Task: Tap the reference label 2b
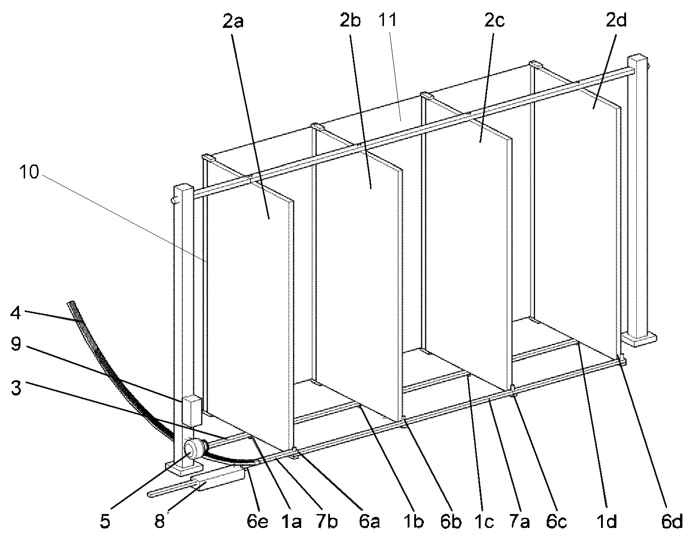(x=350, y=21)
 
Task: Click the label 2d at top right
(x=616, y=21)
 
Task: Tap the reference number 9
(x=16, y=347)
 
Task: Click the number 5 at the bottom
(x=106, y=521)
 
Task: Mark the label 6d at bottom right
(x=671, y=521)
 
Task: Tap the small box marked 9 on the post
(x=191, y=410)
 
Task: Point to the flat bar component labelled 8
(x=218, y=480)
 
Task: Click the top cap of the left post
(x=183, y=188)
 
